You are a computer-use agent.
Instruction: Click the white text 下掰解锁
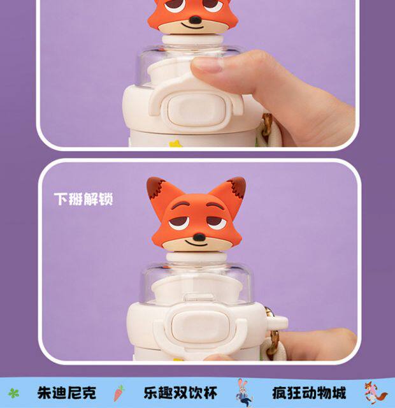83,200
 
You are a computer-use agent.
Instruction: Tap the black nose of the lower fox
199,237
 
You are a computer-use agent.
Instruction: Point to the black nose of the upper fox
195,20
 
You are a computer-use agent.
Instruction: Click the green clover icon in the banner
13,393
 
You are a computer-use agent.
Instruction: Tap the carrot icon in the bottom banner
119,393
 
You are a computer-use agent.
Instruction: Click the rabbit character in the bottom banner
244,393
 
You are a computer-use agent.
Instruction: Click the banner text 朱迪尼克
66,393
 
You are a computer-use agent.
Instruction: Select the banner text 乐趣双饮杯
180,393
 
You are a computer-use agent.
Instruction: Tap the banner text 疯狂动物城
309,393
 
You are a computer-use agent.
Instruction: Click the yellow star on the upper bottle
176,143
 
